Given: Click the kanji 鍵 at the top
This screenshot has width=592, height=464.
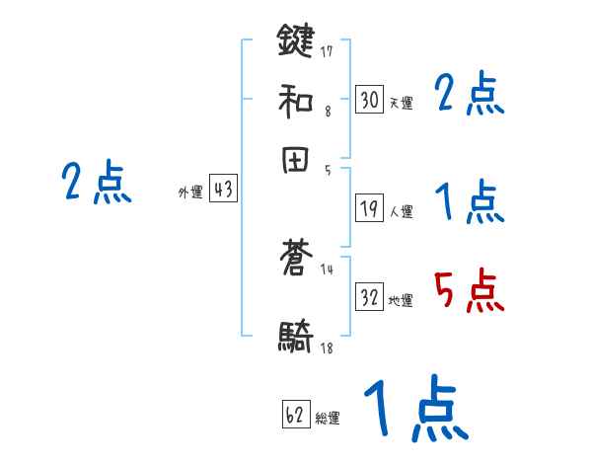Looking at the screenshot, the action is [x=295, y=40].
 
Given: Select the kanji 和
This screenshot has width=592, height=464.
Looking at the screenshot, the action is [x=295, y=99].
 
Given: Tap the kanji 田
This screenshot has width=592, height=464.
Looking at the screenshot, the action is [x=295, y=162].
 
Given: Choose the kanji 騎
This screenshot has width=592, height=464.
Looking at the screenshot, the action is [x=295, y=339].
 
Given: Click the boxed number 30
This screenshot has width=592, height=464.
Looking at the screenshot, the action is [x=369, y=99].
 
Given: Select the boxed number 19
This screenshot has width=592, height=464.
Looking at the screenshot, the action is [x=369, y=207].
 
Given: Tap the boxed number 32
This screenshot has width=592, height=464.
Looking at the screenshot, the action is [x=369, y=297].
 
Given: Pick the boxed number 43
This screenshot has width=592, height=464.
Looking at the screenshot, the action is [x=223, y=190].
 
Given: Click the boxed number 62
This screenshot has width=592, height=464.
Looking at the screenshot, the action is [x=296, y=415].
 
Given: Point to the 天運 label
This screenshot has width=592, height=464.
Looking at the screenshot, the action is [x=401, y=102].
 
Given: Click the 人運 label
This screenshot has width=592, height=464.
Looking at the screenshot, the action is [x=401, y=210].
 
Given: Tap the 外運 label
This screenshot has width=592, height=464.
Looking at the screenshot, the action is [x=189, y=193].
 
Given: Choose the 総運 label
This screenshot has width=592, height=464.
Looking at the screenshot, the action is [x=328, y=418].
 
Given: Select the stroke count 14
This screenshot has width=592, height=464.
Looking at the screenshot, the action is [x=327, y=270].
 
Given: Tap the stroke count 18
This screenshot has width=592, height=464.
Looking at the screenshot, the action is [x=327, y=348].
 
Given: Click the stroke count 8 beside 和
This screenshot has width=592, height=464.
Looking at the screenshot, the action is [x=328, y=112].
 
